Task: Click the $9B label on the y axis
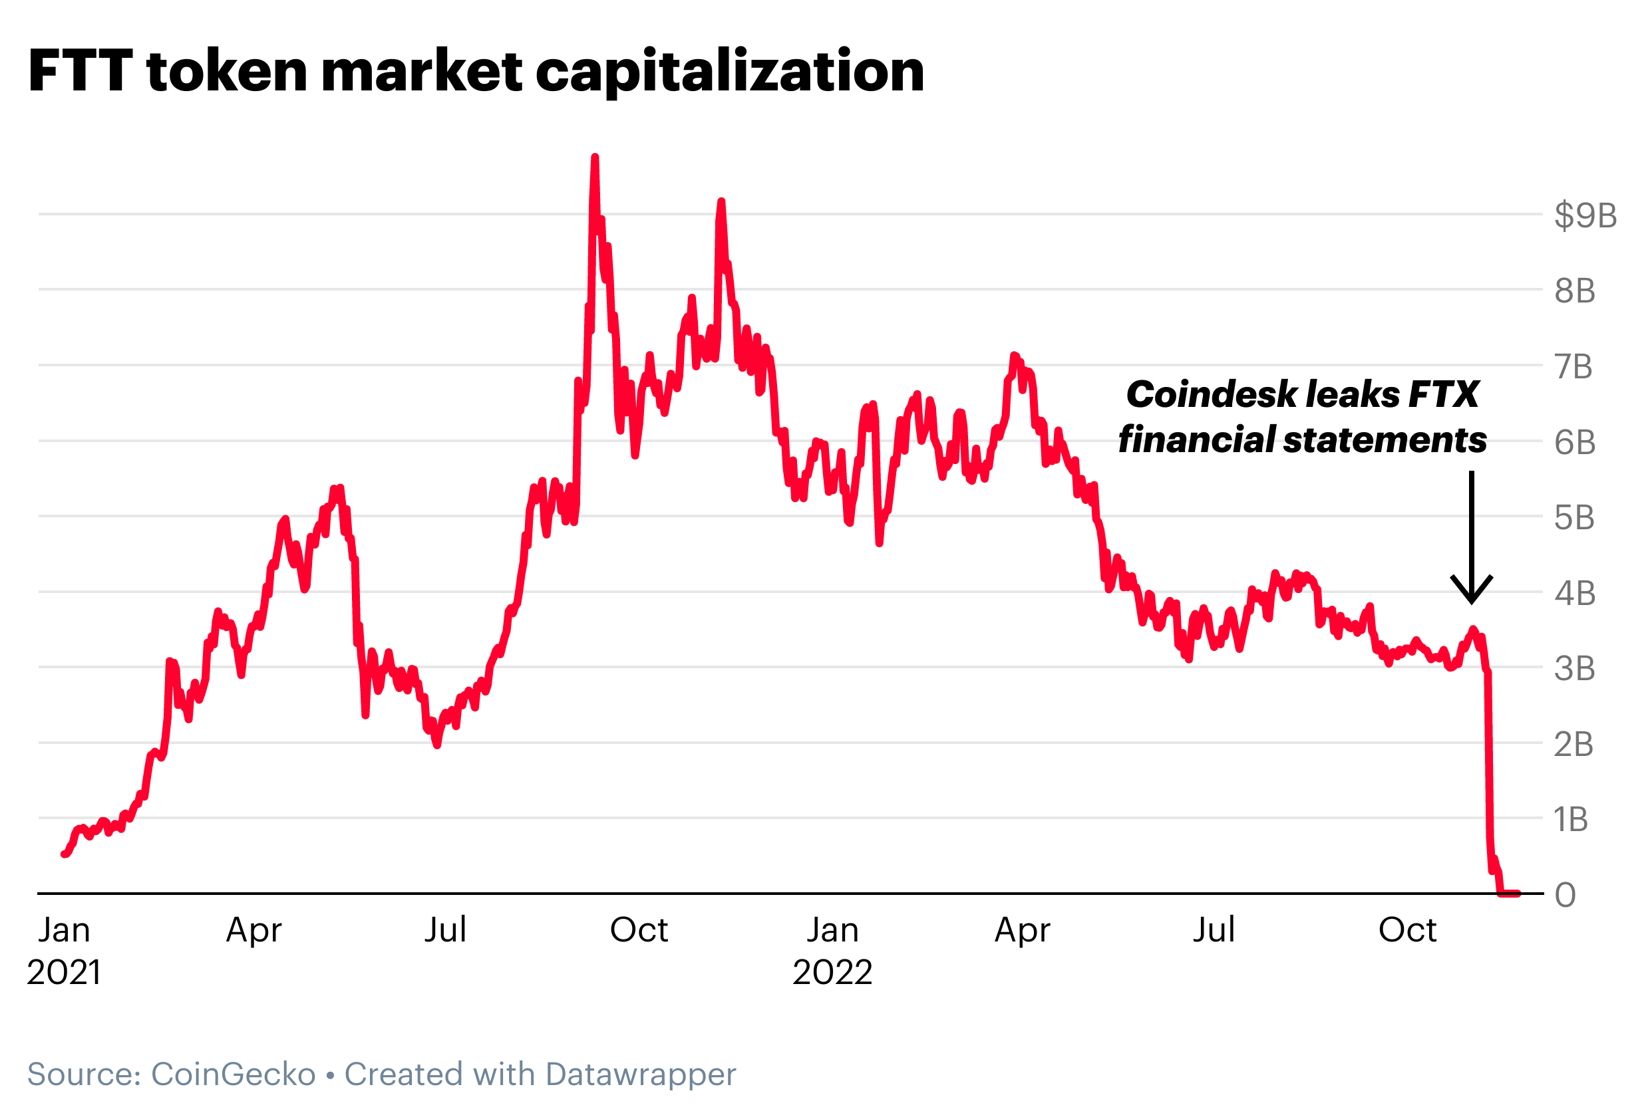(1585, 215)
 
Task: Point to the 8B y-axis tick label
(1574, 291)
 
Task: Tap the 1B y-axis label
(1569, 820)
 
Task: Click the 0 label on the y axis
(1565, 896)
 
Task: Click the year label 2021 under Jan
(64, 971)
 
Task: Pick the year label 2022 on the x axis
(832, 971)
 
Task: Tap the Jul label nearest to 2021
(445, 930)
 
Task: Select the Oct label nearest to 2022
(1407, 930)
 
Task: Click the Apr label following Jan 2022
(1023, 930)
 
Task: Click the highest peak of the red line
(595, 157)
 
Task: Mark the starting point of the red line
(64, 854)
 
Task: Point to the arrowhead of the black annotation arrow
(1472, 600)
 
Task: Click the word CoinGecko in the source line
(234, 1074)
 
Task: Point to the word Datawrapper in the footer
(641, 1074)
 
